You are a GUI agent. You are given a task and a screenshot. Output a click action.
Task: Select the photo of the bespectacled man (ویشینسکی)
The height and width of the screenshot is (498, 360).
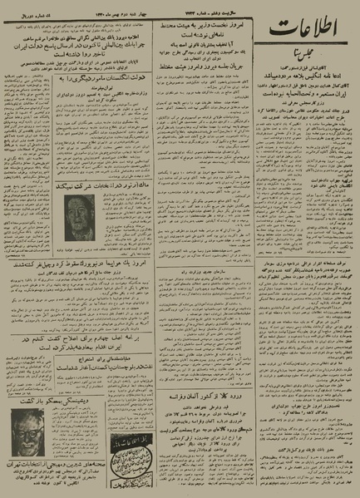[33, 433]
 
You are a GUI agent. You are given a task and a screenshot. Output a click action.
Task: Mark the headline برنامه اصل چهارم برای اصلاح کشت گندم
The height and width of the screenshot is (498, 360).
[100, 340]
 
